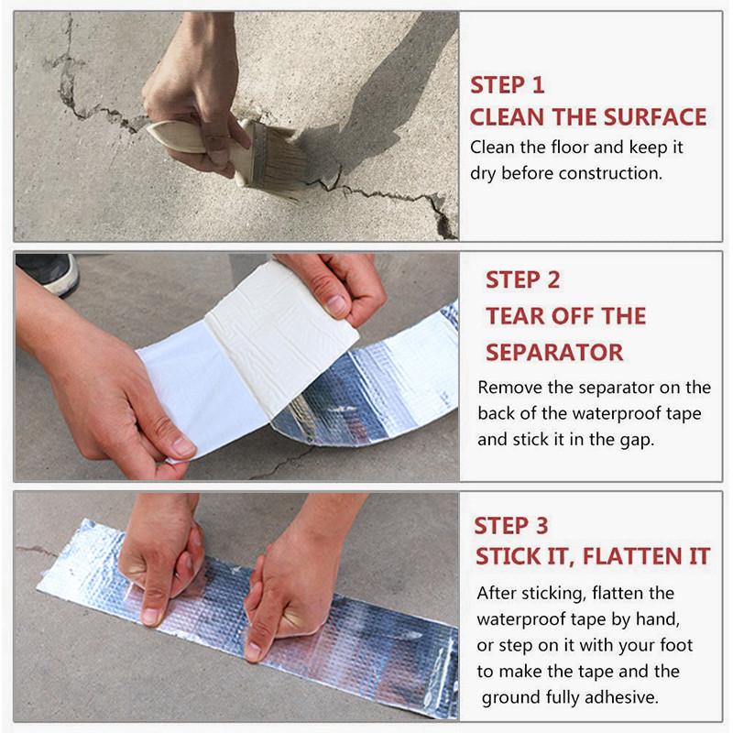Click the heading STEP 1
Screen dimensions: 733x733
tap(508, 85)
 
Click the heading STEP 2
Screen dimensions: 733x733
tap(522, 280)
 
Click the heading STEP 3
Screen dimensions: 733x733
tap(511, 525)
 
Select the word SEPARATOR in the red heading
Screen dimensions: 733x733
tap(554, 352)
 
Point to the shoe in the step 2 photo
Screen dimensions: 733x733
tap(47, 273)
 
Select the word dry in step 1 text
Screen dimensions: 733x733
tap(483, 174)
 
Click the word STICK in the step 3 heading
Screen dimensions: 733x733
tap(506, 556)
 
